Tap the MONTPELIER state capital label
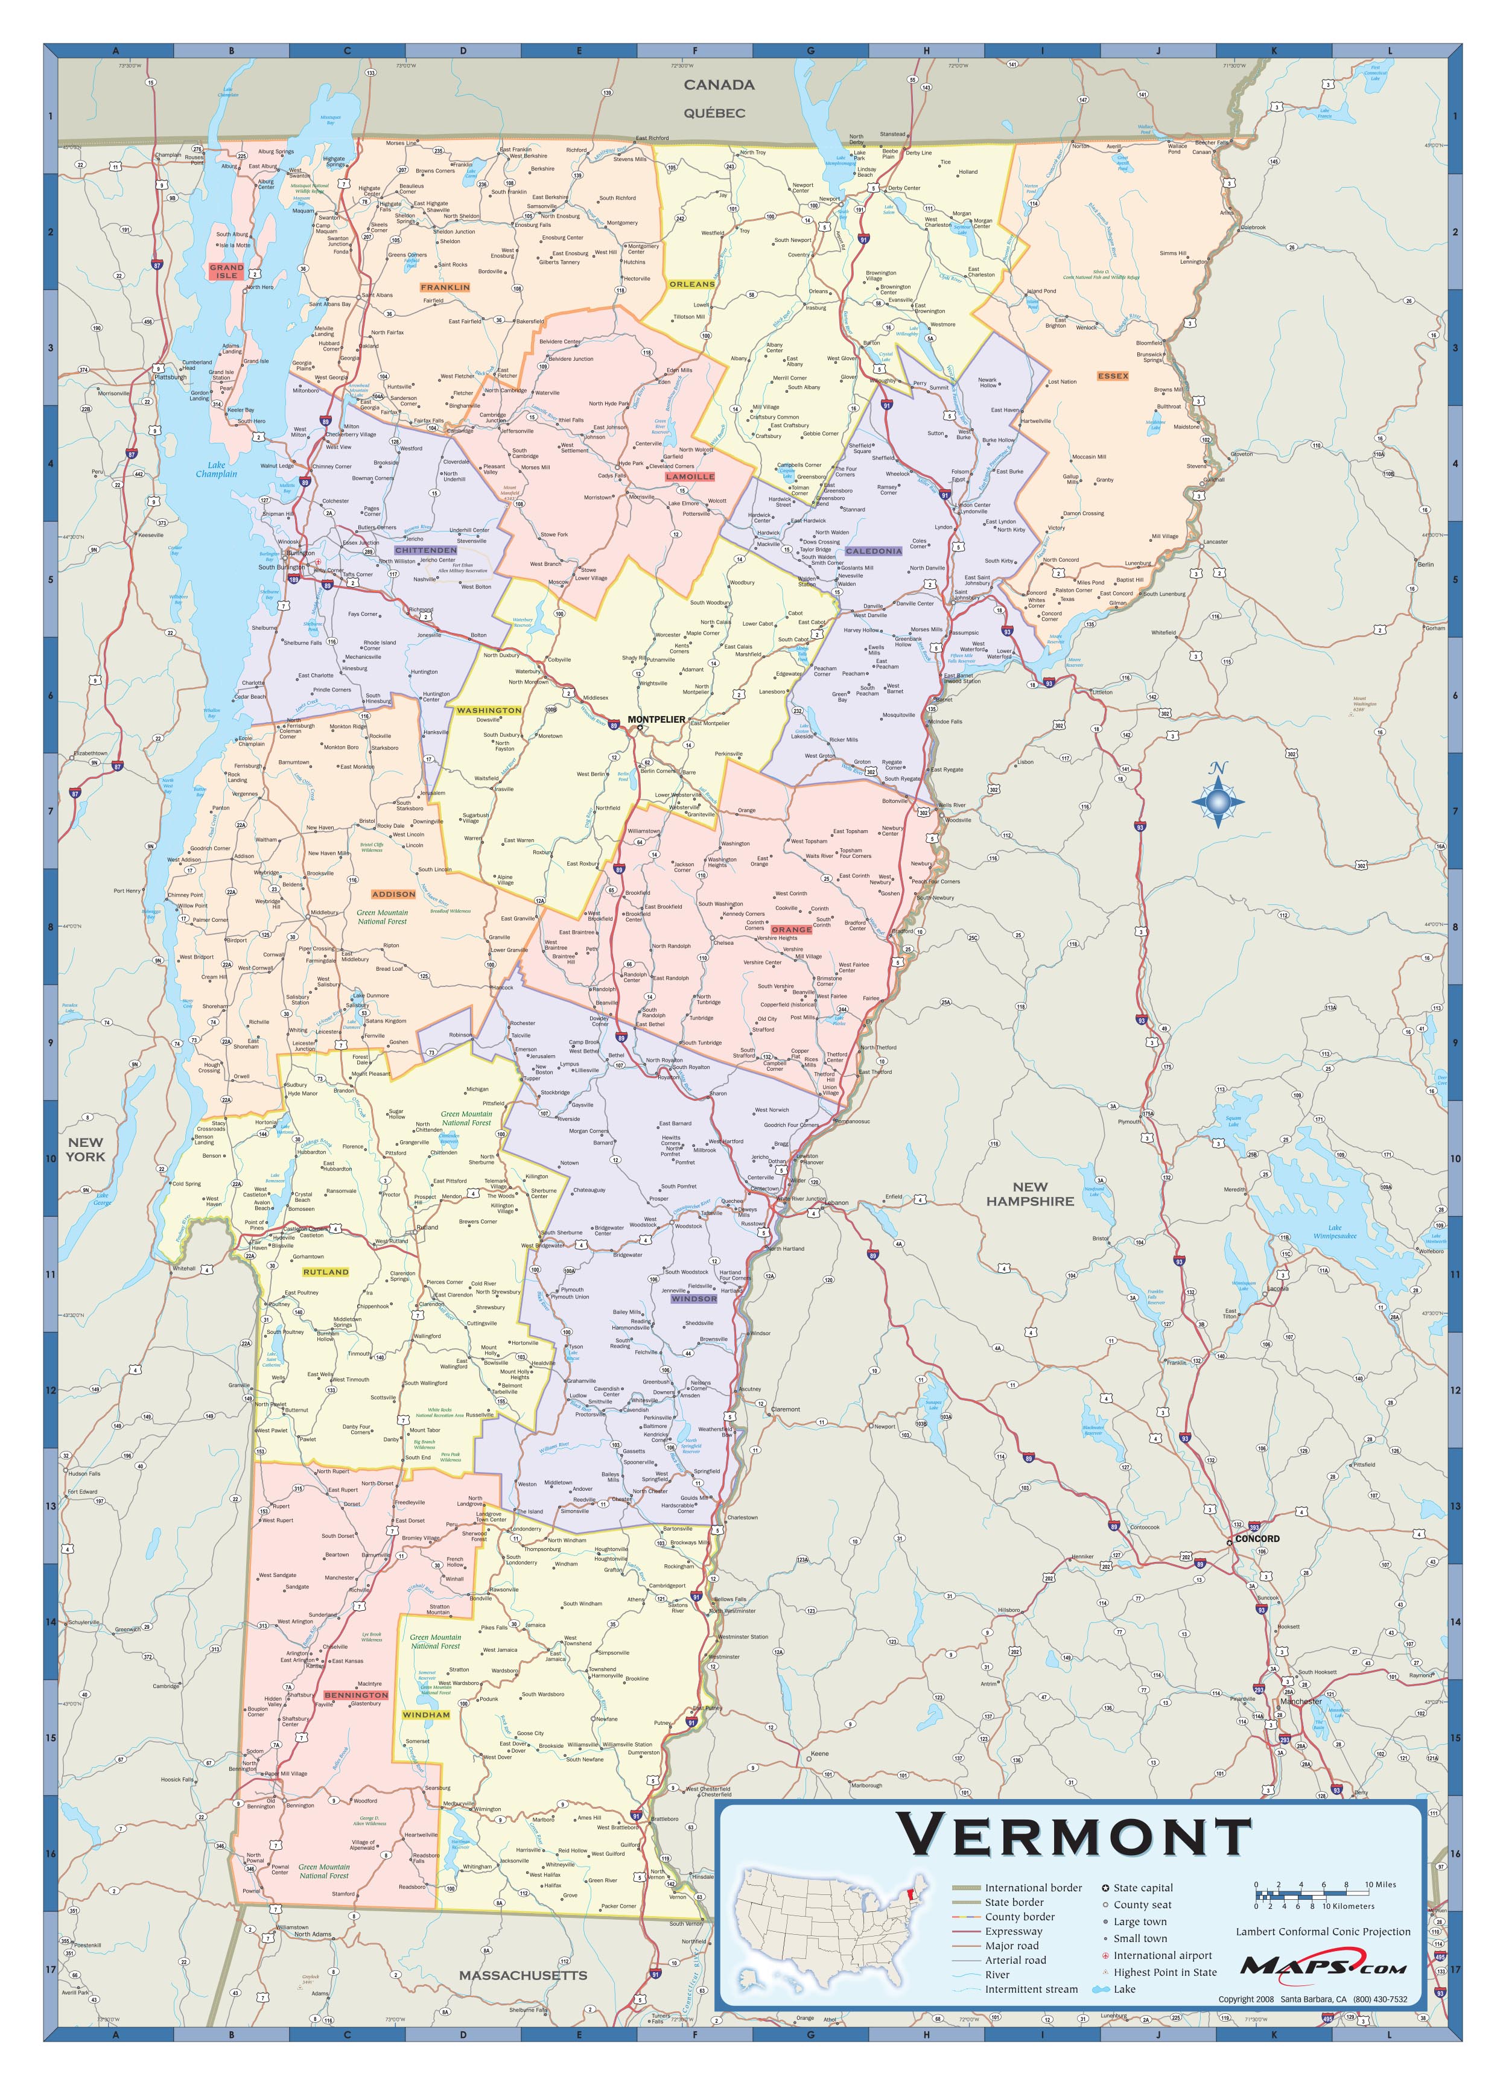pyautogui.click(x=655, y=719)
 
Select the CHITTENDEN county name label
pyautogui.click(x=426, y=550)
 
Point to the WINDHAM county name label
pyautogui.click(x=426, y=1715)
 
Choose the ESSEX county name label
pyautogui.click(x=1113, y=376)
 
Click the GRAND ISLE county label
pyautogui.click(x=226, y=271)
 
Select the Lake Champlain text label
pyautogui.click(x=216, y=470)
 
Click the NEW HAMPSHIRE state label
pyautogui.click(x=1030, y=1193)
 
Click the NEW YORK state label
pyautogui.click(x=86, y=1149)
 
